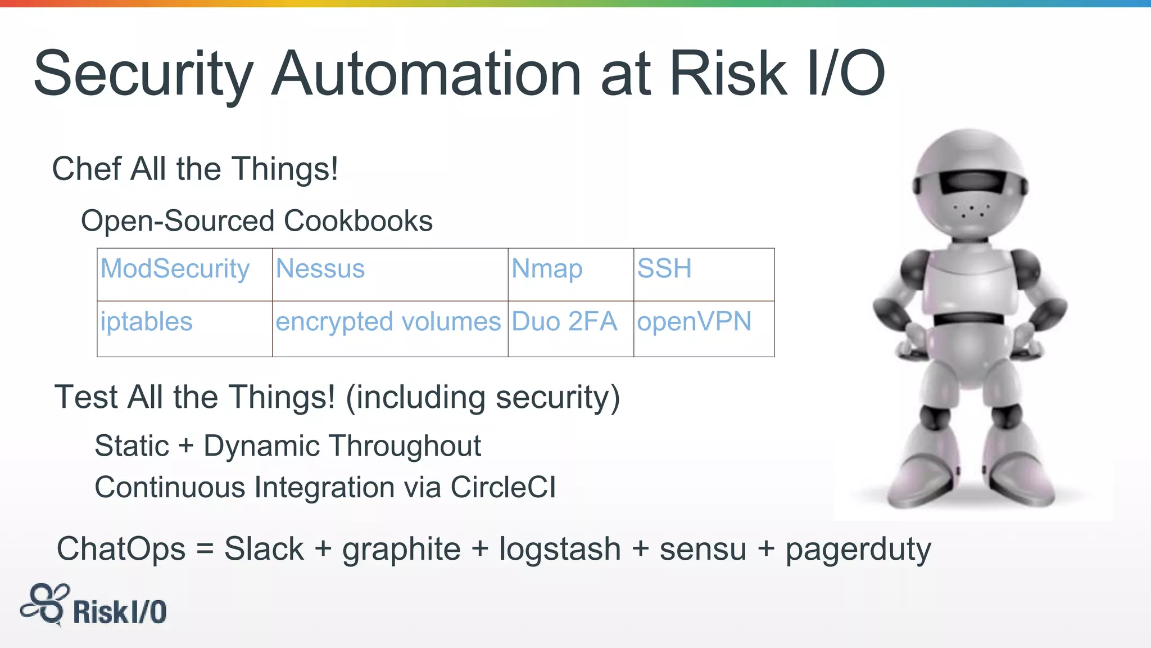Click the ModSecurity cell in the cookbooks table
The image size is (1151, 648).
175,269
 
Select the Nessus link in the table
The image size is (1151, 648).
320,269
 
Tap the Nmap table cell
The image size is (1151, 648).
546,269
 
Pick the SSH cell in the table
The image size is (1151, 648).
664,268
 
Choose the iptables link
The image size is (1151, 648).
146,322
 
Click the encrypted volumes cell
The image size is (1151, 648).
388,322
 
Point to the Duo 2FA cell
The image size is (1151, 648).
564,322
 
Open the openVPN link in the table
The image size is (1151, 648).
694,322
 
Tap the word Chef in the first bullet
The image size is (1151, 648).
86,169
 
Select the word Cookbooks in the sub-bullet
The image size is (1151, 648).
358,220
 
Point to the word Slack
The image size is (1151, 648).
264,549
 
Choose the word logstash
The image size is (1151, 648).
559,549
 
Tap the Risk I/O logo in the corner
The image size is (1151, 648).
94,606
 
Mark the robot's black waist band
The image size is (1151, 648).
968,319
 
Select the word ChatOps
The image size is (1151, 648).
121,549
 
